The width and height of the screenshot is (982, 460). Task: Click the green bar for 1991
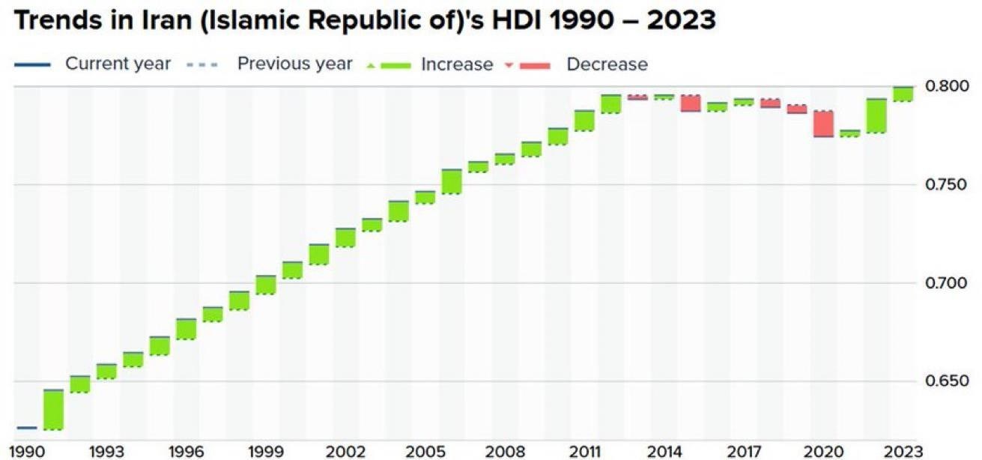[53, 410]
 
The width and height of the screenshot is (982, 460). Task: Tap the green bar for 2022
[876, 115]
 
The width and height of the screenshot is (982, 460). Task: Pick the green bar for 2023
[903, 94]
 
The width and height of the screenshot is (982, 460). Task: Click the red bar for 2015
[691, 103]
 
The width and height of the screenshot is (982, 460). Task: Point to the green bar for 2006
[452, 182]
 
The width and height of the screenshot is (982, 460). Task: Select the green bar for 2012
[611, 104]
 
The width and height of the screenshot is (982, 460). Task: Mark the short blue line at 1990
[26, 428]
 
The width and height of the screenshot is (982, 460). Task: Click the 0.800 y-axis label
[945, 86]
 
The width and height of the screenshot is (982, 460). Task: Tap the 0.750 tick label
[945, 185]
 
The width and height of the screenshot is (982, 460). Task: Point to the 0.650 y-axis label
[945, 382]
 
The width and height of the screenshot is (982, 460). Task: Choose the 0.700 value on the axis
[945, 283]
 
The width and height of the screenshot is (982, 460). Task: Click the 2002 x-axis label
[345, 452]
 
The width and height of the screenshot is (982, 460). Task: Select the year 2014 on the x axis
[664, 452]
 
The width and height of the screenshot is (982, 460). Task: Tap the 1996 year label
[186, 452]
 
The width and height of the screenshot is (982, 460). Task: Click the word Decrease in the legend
[607, 64]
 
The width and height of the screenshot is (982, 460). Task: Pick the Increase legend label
[457, 64]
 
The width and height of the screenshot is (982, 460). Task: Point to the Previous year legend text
[294, 64]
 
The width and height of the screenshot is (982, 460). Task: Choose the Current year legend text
[118, 64]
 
